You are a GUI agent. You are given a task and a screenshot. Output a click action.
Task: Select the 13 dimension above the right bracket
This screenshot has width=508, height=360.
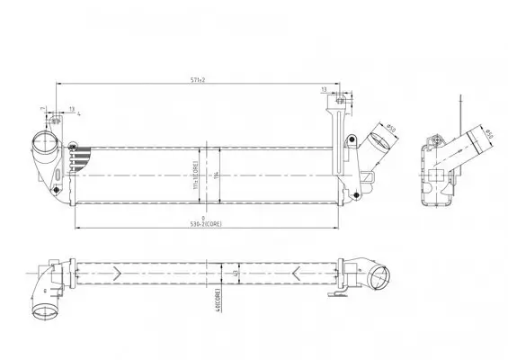point(323,90)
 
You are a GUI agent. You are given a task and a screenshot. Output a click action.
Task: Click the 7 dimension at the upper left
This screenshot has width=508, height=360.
point(41,111)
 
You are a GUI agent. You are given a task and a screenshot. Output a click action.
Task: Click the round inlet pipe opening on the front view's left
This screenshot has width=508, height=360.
point(41,143)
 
